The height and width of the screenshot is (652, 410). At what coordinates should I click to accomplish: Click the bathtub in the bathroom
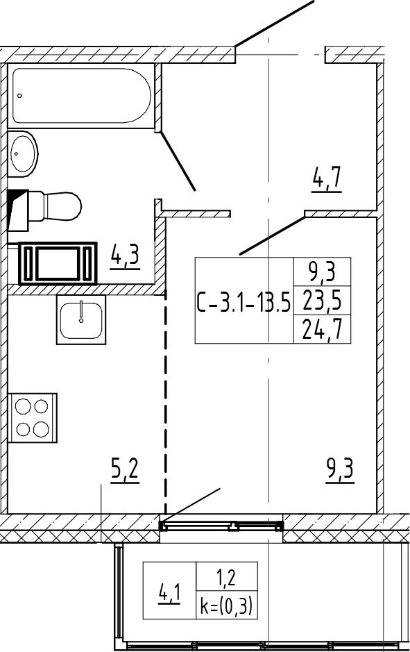pyautogui.click(x=81, y=95)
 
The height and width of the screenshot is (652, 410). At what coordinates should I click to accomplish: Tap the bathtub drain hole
pyautogui.click(x=19, y=96)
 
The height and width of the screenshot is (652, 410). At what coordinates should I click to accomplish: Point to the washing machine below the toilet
pyautogui.click(x=58, y=263)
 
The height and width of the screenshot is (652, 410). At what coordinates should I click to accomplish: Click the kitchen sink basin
pyautogui.click(x=81, y=320)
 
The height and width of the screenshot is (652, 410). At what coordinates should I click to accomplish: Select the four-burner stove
pyautogui.click(x=33, y=417)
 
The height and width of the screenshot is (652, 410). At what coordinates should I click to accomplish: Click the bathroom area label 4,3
pyautogui.click(x=124, y=258)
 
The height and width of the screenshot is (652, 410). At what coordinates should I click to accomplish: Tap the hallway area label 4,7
pyautogui.click(x=327, y=180)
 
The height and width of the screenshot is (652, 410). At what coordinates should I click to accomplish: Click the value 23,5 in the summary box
pyautogui.click(x=323, y=301)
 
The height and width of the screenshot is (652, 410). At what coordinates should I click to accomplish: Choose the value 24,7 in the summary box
pyautogui.click(x=323, y=330)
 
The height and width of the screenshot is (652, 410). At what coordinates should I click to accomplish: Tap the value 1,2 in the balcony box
pyautogui.click(x=227, y=578)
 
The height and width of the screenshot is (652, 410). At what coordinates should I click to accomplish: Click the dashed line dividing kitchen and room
pyautogui.click(x=166, y=401)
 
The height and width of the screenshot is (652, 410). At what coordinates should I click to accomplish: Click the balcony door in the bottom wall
pyautogui.click(x=221, y=526)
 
